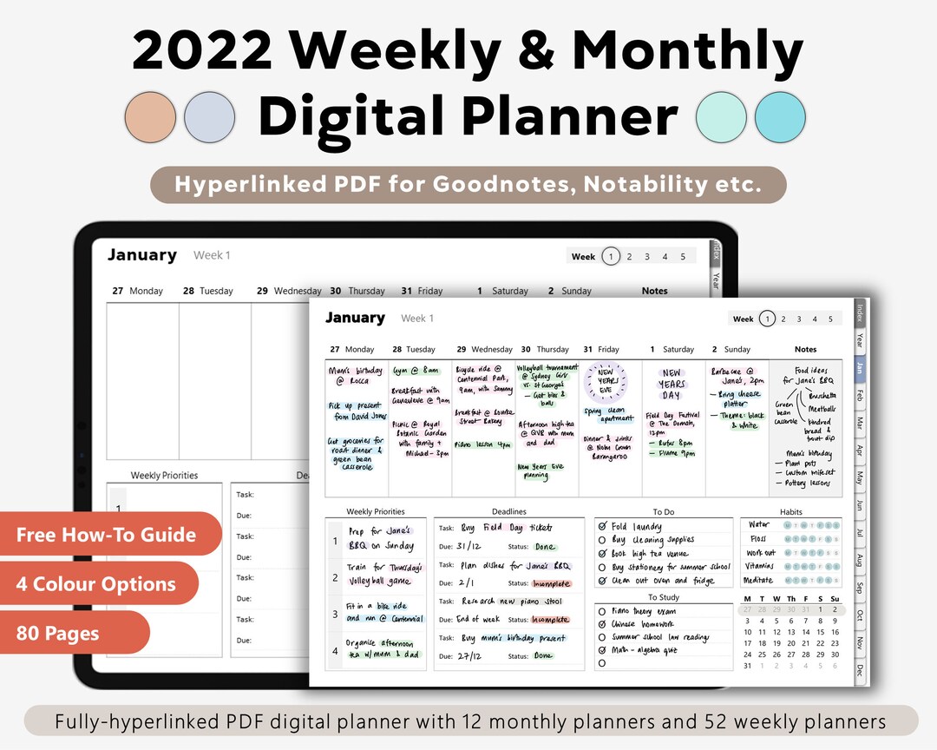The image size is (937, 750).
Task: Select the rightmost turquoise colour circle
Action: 780,117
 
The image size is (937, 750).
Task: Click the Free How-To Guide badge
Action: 107,534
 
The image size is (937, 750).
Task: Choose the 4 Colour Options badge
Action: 96,584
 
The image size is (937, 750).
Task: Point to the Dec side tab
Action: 859,669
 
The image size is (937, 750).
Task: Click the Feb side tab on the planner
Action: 859,395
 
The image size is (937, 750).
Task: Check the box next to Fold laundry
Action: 602,526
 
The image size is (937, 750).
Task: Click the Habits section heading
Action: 791,512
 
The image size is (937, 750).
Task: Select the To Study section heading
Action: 664,597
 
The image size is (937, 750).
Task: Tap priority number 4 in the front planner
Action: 335,649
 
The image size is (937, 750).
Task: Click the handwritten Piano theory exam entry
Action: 645,611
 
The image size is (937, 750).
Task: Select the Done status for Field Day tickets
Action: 545,547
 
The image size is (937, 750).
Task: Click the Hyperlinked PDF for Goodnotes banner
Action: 468,185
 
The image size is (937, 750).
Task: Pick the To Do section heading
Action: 664,512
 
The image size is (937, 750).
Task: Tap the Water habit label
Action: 759,524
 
